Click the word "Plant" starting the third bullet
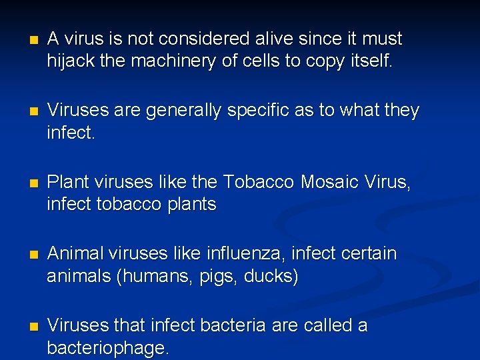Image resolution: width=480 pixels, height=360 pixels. pos(69,182)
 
